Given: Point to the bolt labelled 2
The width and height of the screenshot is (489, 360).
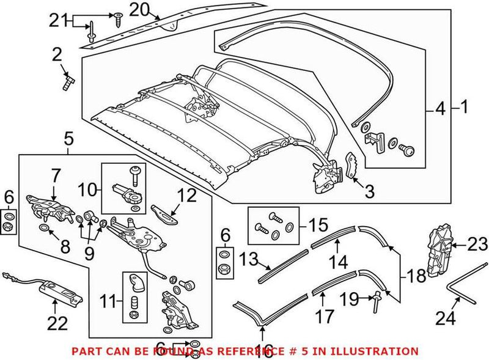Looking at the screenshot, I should pyautogui.click(x=67, y=81).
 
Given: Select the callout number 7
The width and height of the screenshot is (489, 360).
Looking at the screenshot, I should pyautogui.click(x=55, y=176).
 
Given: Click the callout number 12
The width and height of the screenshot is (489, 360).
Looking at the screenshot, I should pyautogui.click(x=187, y=196).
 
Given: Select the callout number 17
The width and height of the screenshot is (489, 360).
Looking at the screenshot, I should pyautogui.click(x=326, y=316).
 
